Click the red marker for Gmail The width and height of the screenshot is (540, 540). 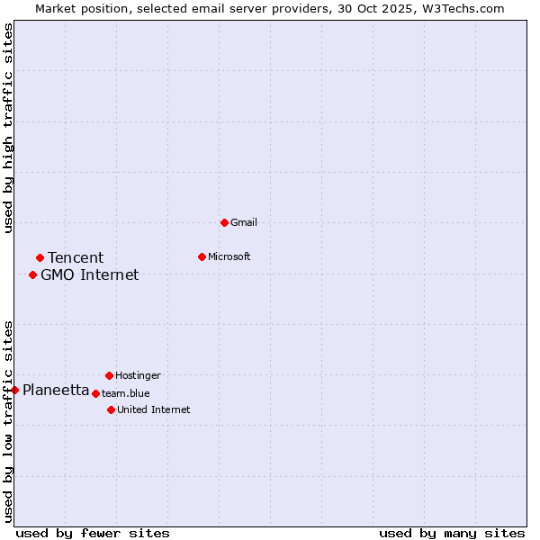pos(224,222)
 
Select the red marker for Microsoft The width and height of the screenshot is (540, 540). pos(202,256)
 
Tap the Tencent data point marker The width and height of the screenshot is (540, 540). pos(40,258)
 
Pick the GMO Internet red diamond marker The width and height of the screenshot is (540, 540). pos(32,274)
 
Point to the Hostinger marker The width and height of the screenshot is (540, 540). pos(109,375)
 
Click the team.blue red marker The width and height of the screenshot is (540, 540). pos(95,393)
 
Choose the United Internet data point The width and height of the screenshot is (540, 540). pos(111,409)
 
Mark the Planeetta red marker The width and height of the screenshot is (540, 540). pos(15,390)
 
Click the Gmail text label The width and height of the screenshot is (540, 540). pos(244,222)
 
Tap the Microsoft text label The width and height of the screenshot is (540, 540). pos(229,256)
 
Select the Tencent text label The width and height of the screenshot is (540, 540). pos(76,258)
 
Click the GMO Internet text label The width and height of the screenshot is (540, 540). pos(90,275)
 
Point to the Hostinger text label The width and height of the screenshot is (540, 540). pos(138,375)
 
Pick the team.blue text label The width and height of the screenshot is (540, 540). pos(125,393)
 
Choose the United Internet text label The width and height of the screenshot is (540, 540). pos(153,409)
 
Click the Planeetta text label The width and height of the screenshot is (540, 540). pos(56,391)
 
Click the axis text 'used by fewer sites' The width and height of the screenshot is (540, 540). pos(93,534)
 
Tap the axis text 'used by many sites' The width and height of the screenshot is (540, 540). pos(452,534)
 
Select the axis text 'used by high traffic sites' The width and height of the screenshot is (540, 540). pos(8,129)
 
